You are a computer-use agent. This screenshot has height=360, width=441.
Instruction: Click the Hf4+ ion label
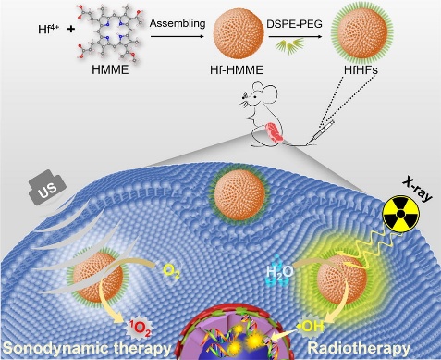[49, 29]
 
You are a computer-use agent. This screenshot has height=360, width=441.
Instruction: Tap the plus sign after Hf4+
[71, 30]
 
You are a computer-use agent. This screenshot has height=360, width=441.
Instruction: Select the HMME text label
[110, 70]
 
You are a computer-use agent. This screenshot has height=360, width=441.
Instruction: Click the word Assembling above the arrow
[178, 23]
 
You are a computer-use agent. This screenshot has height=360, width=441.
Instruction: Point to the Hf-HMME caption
[237, 70]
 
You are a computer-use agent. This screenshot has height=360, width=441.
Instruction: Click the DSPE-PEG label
[295, 23]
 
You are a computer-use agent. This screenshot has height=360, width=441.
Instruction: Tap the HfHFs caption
[361, 70]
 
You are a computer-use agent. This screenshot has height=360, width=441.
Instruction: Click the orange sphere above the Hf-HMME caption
[239, 34]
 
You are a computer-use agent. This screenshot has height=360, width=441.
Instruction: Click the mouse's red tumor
[275, 132]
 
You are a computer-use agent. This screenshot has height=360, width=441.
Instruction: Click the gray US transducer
[47, 187]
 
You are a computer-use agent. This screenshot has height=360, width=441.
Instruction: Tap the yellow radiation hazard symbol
[400, 214]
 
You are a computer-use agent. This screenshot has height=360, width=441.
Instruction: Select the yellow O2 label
[171, 271]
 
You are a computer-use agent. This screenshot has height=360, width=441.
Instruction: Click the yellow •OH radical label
[311, 327]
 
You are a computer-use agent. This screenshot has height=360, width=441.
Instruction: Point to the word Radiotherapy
[359, 349]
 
